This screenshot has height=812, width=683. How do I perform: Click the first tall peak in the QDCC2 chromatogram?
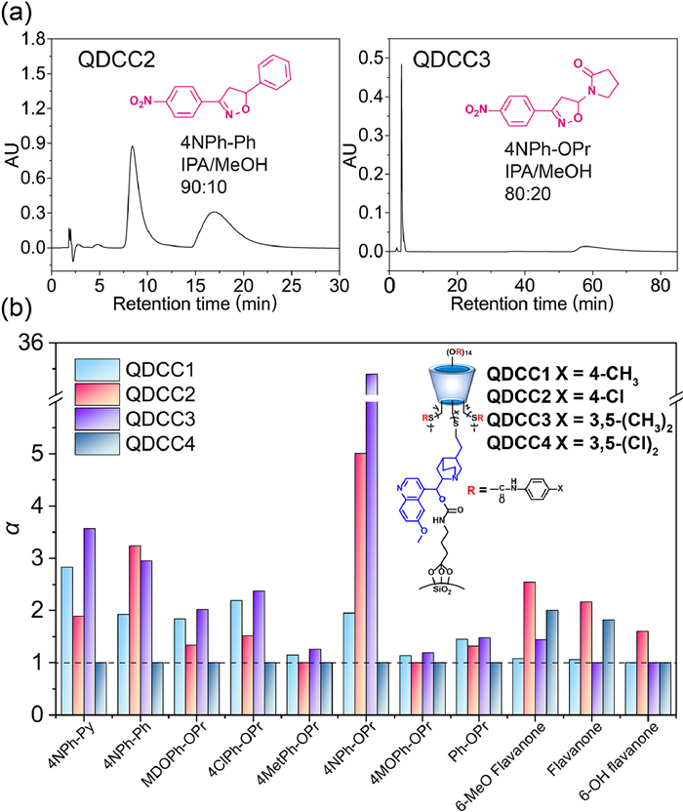133,148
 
